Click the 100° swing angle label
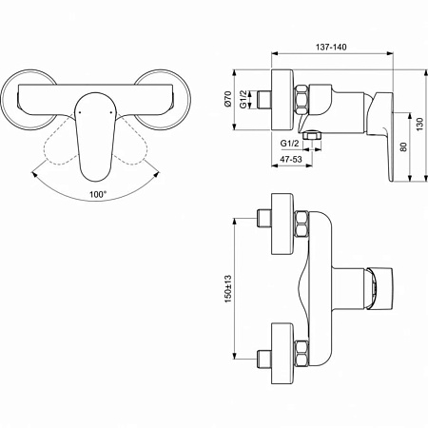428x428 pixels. tap(98, 193)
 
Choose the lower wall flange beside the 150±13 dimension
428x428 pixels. tap(282, 346)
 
